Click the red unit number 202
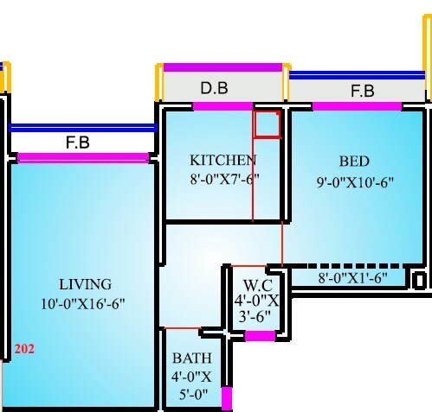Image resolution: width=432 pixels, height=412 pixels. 23,350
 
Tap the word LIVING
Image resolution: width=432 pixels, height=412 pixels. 85,284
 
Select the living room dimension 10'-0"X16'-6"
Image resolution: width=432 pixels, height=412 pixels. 85,303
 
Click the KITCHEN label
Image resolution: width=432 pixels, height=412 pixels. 223,160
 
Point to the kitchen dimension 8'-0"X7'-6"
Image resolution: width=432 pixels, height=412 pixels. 223,179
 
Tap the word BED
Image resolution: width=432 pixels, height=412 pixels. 354,162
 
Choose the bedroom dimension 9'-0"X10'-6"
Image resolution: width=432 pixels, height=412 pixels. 354,181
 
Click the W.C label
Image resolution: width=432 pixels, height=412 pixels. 258,285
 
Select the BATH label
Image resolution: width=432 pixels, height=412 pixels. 190,358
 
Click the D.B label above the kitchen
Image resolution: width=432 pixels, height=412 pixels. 215,88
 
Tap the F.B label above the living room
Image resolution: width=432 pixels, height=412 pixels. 78,143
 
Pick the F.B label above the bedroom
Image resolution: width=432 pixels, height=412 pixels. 362,91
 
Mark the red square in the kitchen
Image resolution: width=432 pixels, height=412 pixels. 267,124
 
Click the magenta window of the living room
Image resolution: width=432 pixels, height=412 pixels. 83,157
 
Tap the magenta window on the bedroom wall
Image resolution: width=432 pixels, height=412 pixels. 356,106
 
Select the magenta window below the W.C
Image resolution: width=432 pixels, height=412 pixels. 258,336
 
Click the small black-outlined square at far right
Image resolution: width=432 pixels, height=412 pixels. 419,281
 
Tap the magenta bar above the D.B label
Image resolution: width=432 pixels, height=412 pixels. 222,67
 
